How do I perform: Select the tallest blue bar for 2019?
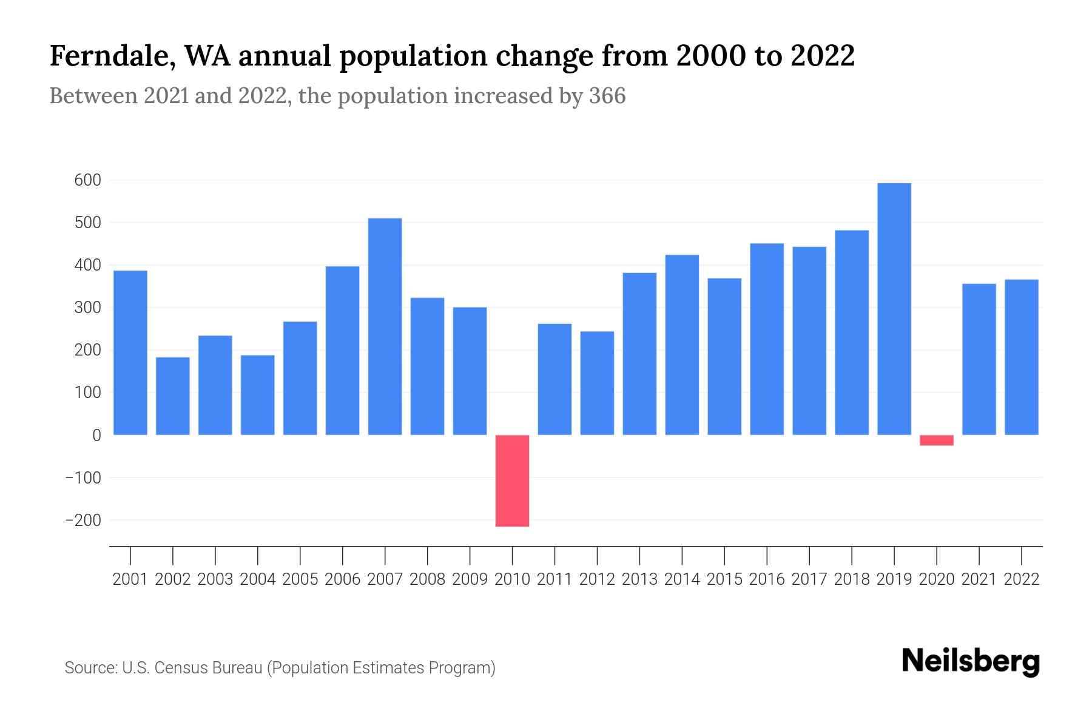[894, 309]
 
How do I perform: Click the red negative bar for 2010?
[512, 480]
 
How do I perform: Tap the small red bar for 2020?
[937, 440]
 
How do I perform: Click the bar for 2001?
[130, 352]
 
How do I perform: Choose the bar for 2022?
[1022, 357]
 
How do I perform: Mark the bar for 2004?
[258, 395]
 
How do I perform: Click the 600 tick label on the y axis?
[88, 180]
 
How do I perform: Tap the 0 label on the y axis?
[96, 435]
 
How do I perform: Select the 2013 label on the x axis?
[639, 579]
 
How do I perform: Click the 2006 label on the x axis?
[343, 579]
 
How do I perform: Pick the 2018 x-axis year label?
[852, 579]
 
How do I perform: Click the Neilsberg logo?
[971, 662]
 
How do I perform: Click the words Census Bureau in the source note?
[210, 668]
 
